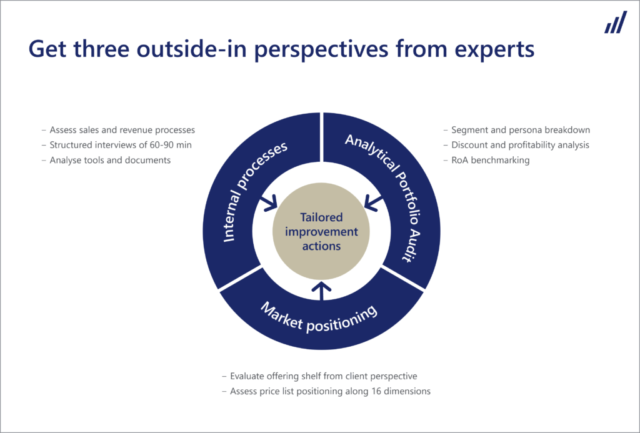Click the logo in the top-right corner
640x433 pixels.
coord(615,22)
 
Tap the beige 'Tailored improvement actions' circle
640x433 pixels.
coord(321,232)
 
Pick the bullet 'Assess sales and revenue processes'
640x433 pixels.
coord(122,130)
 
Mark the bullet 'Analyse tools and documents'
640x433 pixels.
coord(110,160)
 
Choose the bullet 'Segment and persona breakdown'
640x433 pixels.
coord(521,130)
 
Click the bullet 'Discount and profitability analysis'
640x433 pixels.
coord(520,145)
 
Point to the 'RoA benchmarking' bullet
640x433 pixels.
coord(490,160)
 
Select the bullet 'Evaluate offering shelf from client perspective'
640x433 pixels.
coord(323,376)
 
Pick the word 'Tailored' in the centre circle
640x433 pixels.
coord(321,218)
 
